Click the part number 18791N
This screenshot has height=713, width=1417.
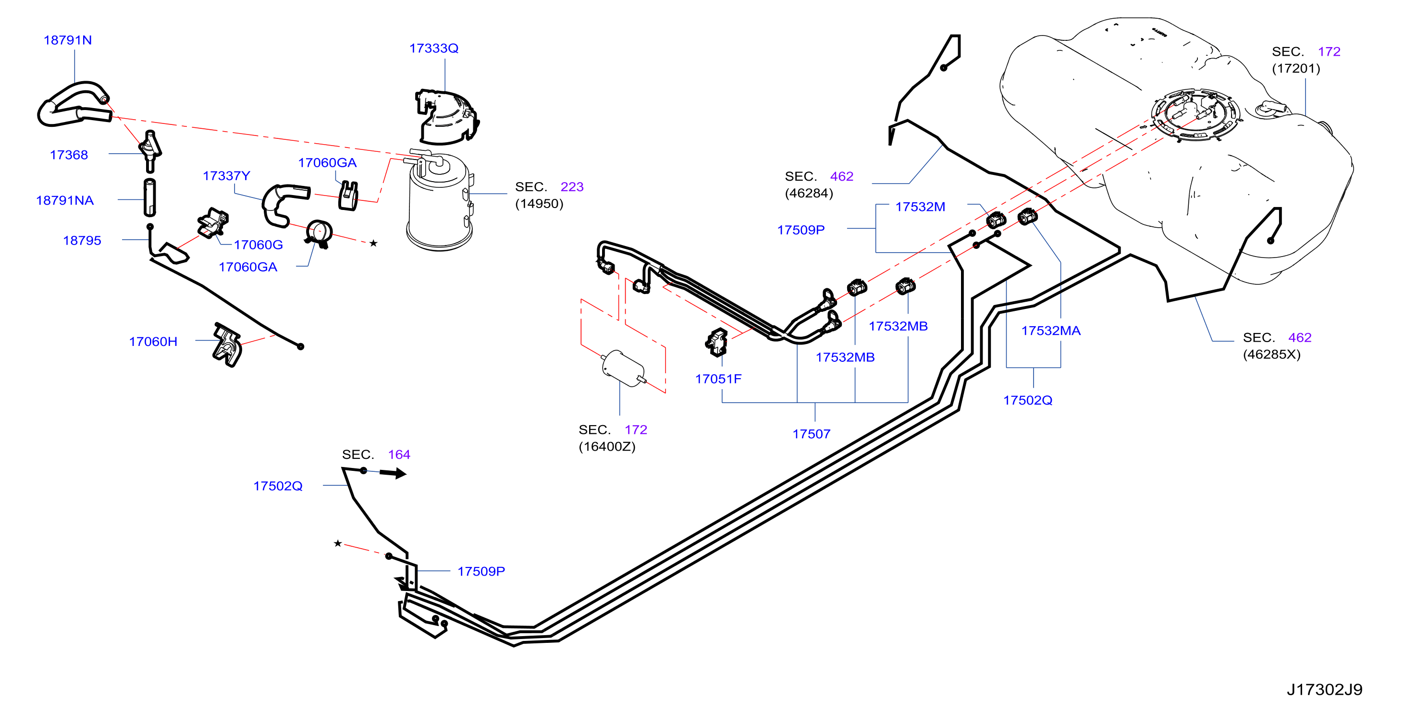point(68,40)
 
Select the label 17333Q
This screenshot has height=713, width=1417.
point(433,49)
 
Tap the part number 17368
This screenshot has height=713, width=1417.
point(69,155)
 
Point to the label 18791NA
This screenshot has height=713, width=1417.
point(65,200)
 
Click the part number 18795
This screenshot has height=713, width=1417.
point(82,240)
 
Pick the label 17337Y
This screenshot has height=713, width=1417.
point(227,176)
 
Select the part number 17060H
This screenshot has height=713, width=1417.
point(153,342)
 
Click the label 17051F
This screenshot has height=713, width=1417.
point(718,379)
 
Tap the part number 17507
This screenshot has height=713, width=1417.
point(812,434)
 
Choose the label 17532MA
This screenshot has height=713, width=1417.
point(1051,331)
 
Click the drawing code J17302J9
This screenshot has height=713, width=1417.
point(1325,690)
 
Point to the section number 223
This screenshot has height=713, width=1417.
point(572,187)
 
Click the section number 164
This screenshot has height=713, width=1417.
point(399,455)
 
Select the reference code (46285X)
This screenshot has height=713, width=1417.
point(1272,354)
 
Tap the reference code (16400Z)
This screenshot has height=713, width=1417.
point(607,446)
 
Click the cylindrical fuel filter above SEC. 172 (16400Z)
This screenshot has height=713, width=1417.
point(624,369)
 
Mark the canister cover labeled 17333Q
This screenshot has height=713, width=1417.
point(446,117)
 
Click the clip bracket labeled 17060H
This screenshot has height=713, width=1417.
point(227,345)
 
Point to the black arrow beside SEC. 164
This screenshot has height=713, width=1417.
point(393,473)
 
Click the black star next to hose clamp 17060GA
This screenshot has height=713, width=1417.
point(373,243)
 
